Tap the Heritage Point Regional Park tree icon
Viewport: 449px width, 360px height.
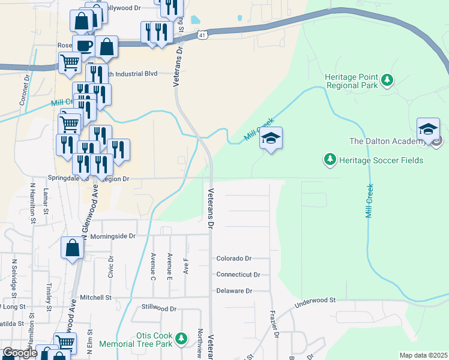(x=387, y=80)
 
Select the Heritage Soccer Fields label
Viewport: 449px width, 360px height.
(x=381, y=160)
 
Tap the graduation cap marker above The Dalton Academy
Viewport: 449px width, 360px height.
(x=428, y=130)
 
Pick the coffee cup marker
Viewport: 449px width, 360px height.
(x=83, y=46)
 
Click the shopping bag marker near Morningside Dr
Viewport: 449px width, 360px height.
(x=72, y=248)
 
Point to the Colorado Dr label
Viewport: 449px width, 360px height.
(x=234, y=259)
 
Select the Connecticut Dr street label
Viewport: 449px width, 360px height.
(x=238, y=275)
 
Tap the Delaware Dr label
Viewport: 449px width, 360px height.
(x=234, y=291)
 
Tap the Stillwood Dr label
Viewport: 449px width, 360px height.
(x=158, y=309)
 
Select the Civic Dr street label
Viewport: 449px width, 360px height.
(x=111, y=268)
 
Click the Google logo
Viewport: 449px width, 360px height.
(x=19, y=353)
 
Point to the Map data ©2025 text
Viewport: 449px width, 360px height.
(x=423, y=355)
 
